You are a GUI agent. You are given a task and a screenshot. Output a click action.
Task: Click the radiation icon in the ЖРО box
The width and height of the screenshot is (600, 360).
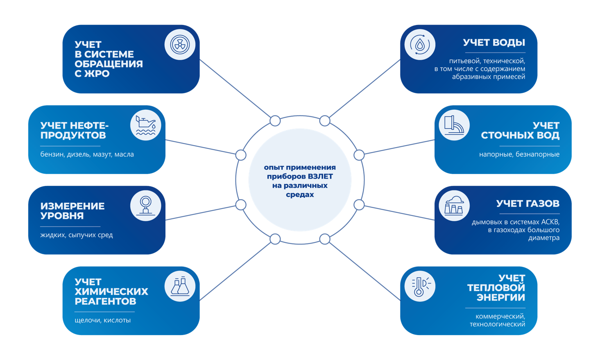click(x=180, y=44)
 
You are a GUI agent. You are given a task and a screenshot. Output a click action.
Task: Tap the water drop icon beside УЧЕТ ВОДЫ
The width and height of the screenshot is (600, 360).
click(x=420, y=44)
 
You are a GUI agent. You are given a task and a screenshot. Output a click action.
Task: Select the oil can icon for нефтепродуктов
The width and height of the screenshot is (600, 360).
click(x=145, y=125)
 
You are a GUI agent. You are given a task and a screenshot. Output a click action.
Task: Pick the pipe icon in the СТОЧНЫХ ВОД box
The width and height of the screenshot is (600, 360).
click(x=454, y=125)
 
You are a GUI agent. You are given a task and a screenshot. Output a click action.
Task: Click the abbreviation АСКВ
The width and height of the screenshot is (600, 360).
click(x=550, y=222)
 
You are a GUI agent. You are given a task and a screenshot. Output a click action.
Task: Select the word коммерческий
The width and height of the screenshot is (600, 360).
click(x=500, y=317)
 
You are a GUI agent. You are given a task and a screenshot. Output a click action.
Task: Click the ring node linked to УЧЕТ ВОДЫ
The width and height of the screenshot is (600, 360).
click(x=325, y=121)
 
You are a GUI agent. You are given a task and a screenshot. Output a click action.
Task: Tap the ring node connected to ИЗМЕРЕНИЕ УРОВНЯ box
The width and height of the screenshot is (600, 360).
click(x=241, y=205)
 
